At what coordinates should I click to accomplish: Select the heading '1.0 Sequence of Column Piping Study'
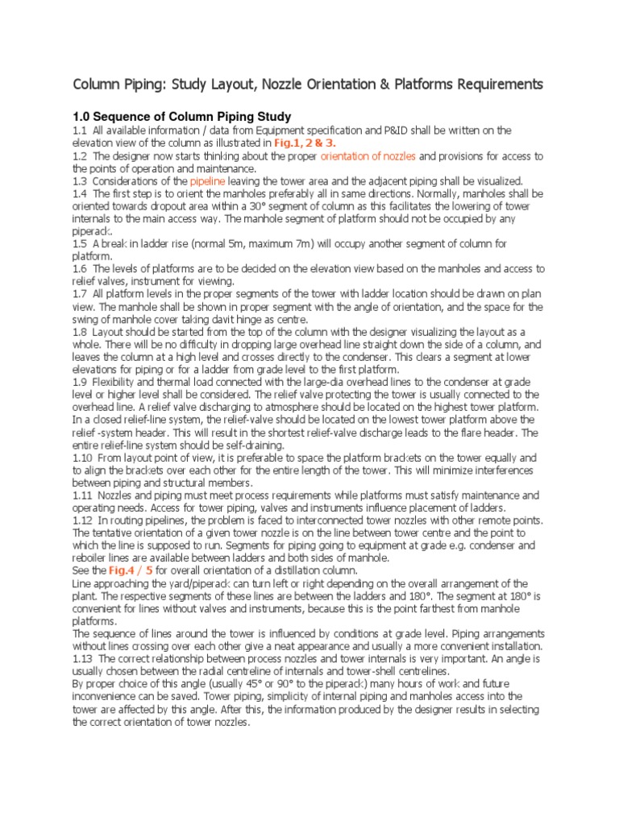182,117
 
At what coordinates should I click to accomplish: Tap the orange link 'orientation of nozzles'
368,155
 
